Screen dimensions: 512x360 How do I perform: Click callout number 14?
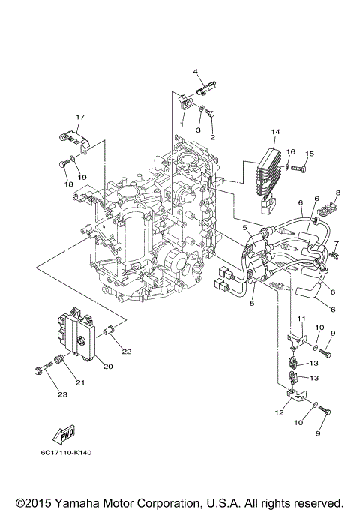click(x=275, y=133)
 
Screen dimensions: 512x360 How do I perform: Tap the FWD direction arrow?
click(x=63, y=434)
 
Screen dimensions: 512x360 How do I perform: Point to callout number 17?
click(x=79, y=117)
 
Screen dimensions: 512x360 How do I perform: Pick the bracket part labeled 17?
click(x=70, y=139)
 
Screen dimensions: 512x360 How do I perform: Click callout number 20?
click(x=107, y=367)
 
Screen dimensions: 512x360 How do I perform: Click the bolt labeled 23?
click(x=41, y=368)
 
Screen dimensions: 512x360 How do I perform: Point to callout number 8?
click(x=337, y=193)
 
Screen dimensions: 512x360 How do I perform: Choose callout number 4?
click(x=196, y=72)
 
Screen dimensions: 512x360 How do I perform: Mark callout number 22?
click(x=127, y=352)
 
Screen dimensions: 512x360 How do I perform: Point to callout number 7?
click(x=337, y=244)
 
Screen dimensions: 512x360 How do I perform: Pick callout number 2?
click(x=212, y=138)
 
